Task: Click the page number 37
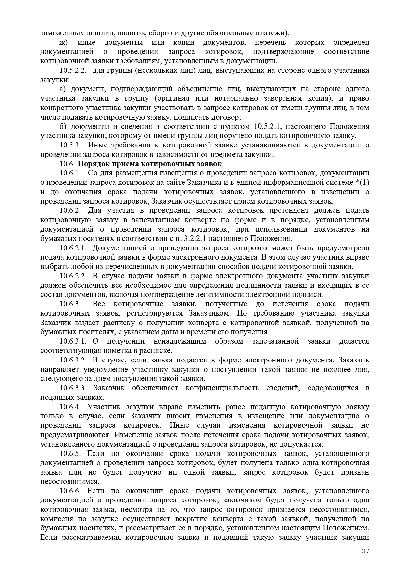click(x=365, y=551)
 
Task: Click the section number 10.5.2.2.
click(x=73, y=70)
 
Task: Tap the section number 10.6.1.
click(x=70, y=173)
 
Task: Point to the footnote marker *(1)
click(x=363, y=183)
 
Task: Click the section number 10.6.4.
click(x=70, y=407)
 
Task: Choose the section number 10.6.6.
click(x=70, y=491)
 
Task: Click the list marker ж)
click(x=63, y=43)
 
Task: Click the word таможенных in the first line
click(x=61, y=33)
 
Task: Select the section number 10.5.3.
click(x=70, y=145)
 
